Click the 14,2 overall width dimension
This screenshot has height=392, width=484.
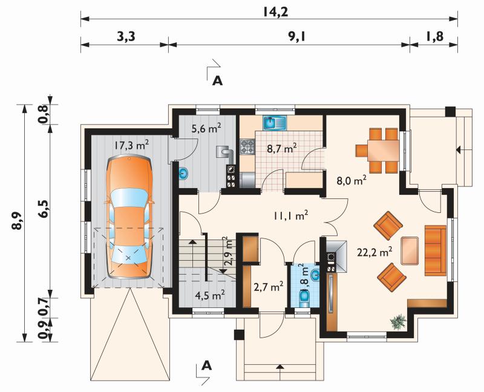[x=276, y=12]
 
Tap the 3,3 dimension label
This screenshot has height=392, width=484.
[x=126, y=37]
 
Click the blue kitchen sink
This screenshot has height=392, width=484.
[x=275, y=123]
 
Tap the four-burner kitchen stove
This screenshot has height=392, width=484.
[x=247, y=146]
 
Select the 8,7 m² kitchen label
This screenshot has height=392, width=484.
[x=282, y=148]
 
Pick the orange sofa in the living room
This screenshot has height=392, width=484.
[x=436, y=250]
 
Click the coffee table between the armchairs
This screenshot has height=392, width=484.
[x=410, y=250]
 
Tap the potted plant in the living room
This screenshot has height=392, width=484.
[x=398, y=322]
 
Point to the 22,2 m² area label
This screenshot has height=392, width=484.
[x=374, y=252]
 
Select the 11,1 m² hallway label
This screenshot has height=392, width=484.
[x=290, y=215]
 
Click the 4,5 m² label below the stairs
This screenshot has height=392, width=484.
[x=209, y=295]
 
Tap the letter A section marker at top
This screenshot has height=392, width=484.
[x=217, y=80]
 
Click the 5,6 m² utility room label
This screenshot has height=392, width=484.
[x=206, y=128]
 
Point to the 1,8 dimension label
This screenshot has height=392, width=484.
[x=434, y=37]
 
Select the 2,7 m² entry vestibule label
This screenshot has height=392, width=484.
[x=268, y=287]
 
